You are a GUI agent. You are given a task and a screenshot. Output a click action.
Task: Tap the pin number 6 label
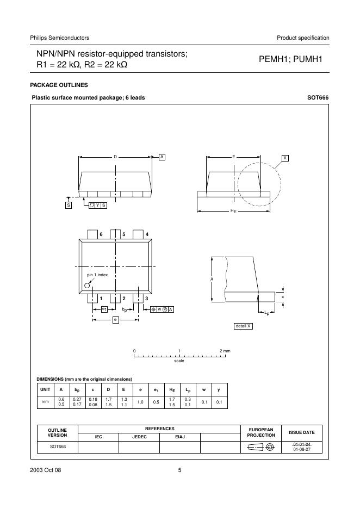point(101,234)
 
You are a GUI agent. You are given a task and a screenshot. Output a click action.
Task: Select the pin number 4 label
point(147,234)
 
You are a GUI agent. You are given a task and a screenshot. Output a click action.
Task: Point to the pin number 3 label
point(146,299)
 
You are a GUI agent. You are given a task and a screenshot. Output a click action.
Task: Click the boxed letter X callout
point(285,158)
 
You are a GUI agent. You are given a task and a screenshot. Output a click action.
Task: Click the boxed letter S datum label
point(69,205)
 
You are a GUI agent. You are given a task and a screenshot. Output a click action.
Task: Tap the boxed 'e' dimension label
point(115,320)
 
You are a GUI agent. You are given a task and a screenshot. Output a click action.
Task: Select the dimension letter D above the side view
point(115,157)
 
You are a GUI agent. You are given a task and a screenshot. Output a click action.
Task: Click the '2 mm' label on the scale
point(225,351)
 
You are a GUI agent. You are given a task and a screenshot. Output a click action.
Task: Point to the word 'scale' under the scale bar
point(179,361)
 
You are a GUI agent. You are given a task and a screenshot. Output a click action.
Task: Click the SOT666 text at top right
point(318,98)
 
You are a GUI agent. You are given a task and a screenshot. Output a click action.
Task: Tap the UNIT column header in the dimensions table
point(45,389)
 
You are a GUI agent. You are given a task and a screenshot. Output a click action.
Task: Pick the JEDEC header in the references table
point(139,437)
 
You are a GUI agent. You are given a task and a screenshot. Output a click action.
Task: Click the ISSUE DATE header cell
point(301,432)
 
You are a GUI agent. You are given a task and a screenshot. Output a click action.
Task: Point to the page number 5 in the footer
point(179,470)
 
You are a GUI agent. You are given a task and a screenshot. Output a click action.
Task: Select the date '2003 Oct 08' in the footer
point(46,470)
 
